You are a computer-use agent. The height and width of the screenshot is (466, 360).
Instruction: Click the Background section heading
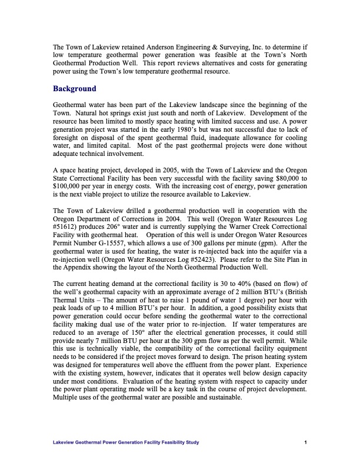(x=74, y=89)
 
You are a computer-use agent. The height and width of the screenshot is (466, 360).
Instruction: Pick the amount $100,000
(x=68, y=187)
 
